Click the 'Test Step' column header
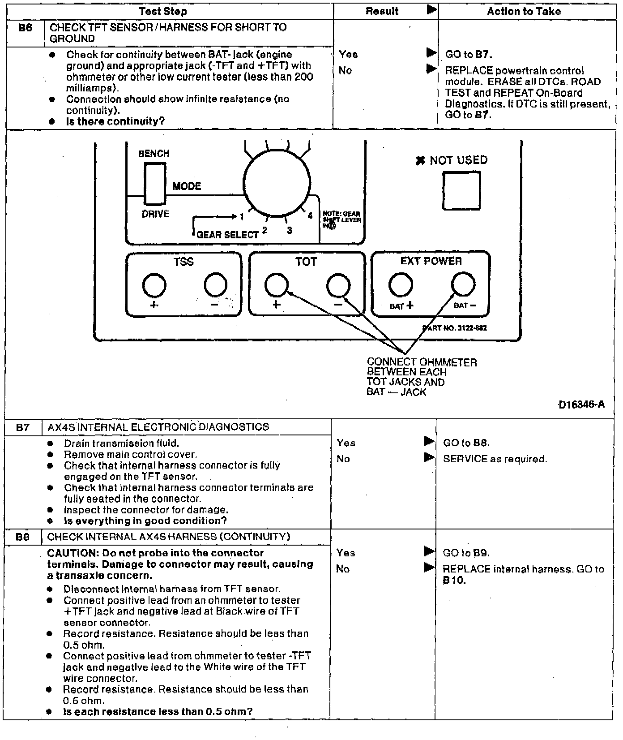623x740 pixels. click(x=162, y=12)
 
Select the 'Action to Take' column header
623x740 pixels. click(x=524, y=12)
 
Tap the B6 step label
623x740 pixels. click(x=25, y=28)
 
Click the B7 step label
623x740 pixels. click(x=23, y=427)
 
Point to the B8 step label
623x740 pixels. click(x=22, y=537)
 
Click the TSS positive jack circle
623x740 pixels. click(x=154, y=285)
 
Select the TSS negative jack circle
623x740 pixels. click(x=216, y=285)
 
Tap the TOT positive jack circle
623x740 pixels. click(x=277, y=285)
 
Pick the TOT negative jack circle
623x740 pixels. click(x=338, y=285)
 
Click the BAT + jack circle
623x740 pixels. click(x=401, y=285)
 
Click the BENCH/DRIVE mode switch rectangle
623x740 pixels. click(x=155, y=183)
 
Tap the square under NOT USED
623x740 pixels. click(x=461, y=190)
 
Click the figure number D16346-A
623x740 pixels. click(x=581, y=404)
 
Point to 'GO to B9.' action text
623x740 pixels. click(x=466, y=553)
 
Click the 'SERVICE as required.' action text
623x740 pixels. click(x=495, y=459)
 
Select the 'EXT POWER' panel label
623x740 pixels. click(x=431, y=261)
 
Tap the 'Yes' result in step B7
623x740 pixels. click(x=346, y=443)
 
